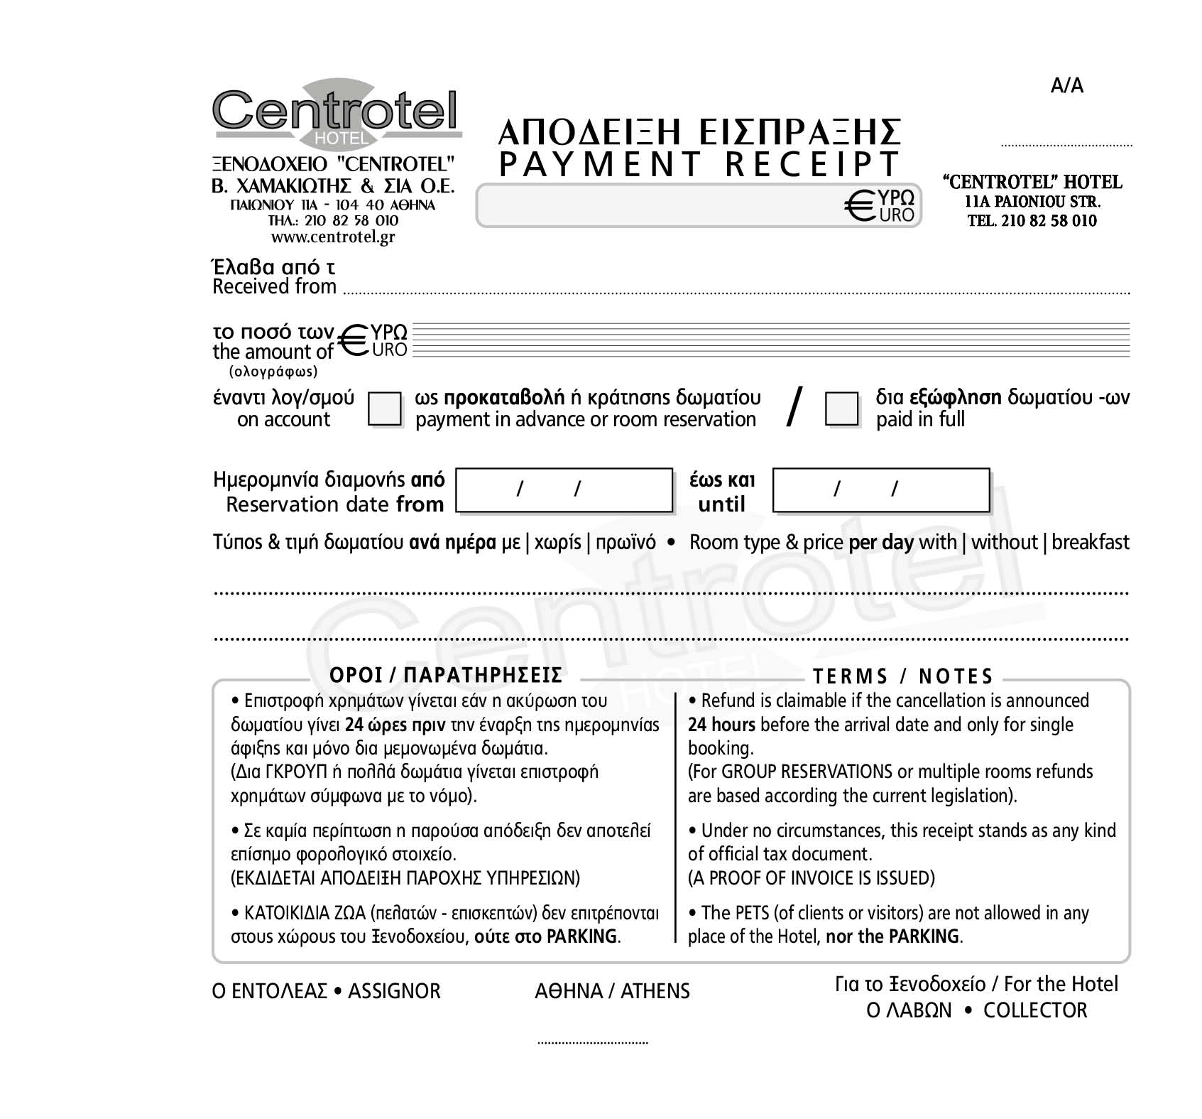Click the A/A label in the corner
pyautogui.click(x=1066, y=86)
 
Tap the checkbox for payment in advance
pyautogui.click(x=385, y=409)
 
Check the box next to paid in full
pyautogui.click(x=842, y=409)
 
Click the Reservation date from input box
pyautogui.click(x=564, y=490)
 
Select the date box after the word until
pyautogui.click(x=880, y=490)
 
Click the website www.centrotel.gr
pyautogui.click(x=333, y=237)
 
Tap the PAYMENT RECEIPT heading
pyautogui.click(x=699, y=164)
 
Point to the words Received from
pyautogui.click(x=274, y=287)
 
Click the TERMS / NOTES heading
pyautogui.click(x=902, y=676)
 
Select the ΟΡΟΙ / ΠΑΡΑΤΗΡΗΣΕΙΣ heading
pyautogui.click(x=445, y=675)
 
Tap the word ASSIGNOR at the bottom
pyautogui.click(x=394, y=991)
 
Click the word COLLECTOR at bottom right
pyautogui.click(x=1034, y=1010)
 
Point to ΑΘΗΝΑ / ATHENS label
pyautogui.click(x=612, y=991)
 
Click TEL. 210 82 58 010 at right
pyautogui.click(x=1032, y=221)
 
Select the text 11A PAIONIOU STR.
pyautogui.click(x=1032, y=202)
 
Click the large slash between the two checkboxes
pyautogui.click(x=795, y=407)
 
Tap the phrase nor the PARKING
pyautogui.click(x=893, y=936)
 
